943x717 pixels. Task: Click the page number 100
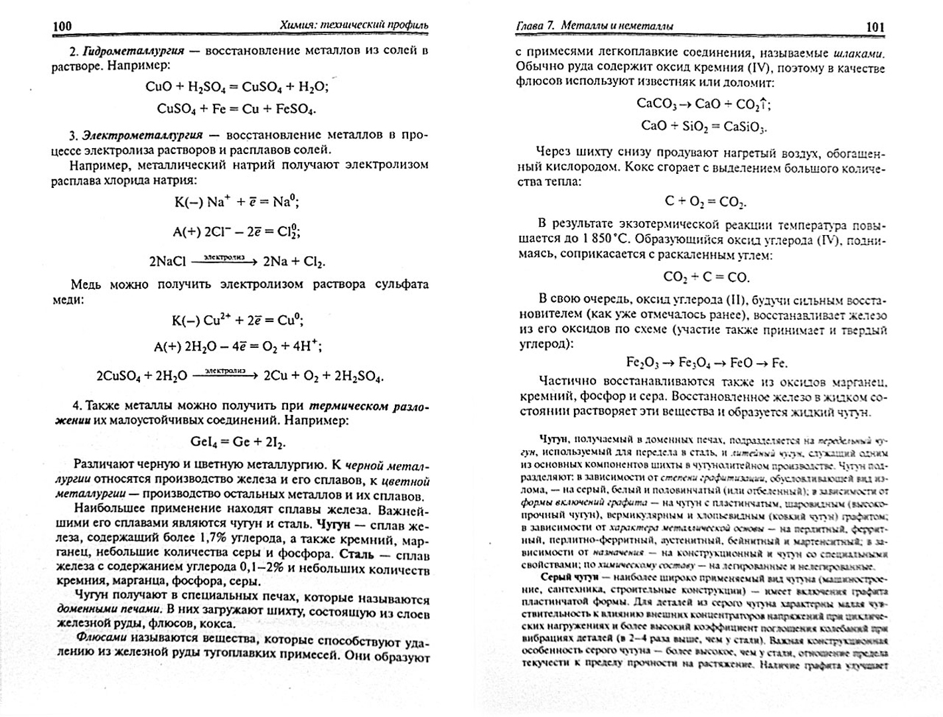(62, 27)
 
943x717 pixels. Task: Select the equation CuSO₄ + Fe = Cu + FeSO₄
(236, 109)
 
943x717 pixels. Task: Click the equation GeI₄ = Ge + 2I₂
(238, 442)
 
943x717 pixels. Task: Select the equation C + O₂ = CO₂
(705, 201)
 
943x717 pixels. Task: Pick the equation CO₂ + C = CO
(705, 277)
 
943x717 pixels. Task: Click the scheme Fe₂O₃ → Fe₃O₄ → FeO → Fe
(706, 363)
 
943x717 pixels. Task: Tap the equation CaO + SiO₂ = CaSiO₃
(703, 126)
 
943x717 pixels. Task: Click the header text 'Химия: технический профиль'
(354, 26)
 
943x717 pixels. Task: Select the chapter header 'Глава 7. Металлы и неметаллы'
(595, 27)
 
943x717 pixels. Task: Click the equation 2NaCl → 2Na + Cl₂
(237, 262)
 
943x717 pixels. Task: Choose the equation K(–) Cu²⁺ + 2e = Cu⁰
(237, 320)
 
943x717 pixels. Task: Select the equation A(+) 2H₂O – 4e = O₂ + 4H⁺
(237, 346)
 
